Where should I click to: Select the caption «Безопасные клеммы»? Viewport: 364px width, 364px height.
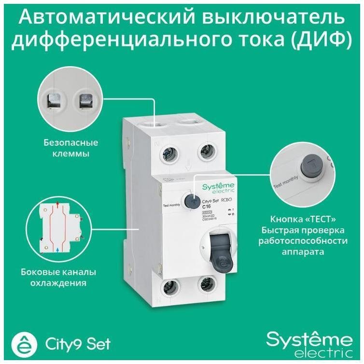pos(71,148)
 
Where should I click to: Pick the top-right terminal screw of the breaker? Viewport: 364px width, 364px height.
pos(206,154)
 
